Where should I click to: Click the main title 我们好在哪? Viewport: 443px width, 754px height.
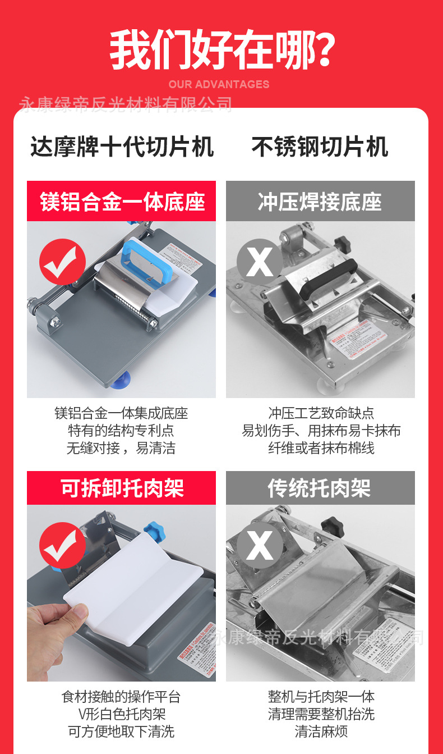point(222,51)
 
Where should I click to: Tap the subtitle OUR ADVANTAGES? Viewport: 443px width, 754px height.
point(219,85)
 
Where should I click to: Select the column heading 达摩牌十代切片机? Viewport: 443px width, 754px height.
point(122,148)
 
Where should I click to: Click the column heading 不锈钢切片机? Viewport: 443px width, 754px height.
point(320,148)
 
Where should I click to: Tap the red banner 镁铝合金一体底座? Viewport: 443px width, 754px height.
point(122,202)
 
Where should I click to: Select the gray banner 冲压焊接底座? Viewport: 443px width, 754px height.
point(320,202)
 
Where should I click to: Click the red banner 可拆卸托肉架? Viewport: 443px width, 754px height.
point(122,488)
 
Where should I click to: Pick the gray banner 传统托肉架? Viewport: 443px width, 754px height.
point(320,488)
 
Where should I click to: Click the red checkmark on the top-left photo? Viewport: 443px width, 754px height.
point(62,262)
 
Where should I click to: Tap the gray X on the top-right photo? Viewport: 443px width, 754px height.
point(260,262)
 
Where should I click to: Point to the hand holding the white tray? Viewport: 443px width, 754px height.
point(53,629)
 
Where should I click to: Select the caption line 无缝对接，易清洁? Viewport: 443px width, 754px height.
point(121,449)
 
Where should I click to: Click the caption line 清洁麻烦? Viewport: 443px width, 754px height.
point(321,732)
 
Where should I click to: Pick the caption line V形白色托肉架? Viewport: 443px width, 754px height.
point(121,714)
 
